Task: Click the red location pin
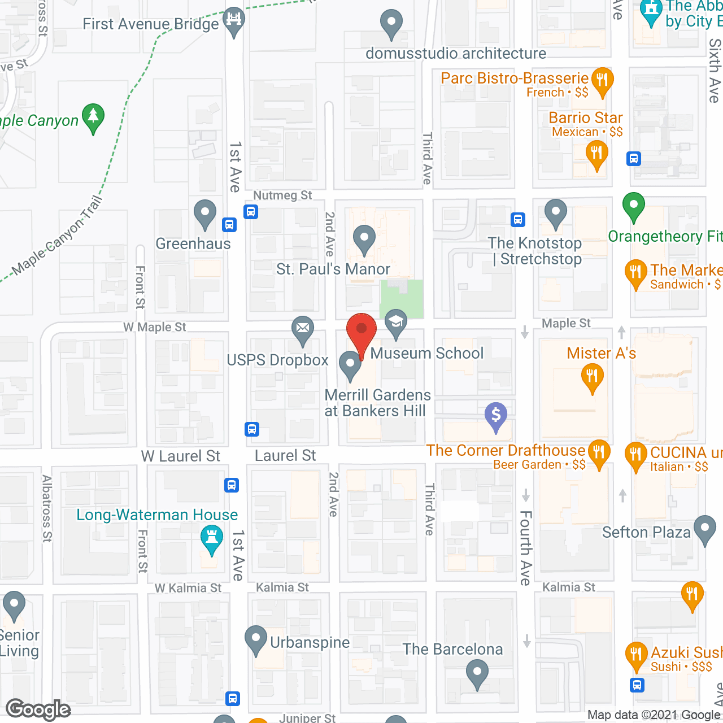point(361,330)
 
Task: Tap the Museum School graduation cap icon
point(396,323)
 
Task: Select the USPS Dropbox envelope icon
point(303,328)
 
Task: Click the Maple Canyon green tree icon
point(93,116)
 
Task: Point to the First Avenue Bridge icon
point(234,20)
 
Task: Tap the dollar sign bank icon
point(496,415)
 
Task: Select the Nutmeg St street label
point(282,195)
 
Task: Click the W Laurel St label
point(181,456)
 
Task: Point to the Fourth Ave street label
point(525,548)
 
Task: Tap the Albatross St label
point(47,508)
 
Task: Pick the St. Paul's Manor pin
point(364,239)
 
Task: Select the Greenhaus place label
point(193,243)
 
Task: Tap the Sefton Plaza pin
point(704,529)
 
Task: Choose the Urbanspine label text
point(310,642)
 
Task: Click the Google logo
point(38,709)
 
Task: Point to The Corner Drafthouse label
point(506,450)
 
